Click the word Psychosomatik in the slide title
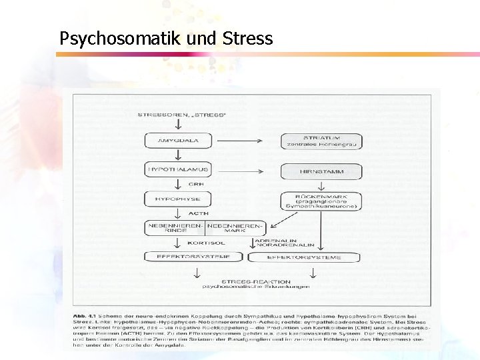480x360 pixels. coord(112,39)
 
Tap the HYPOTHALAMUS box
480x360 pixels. coord(177,170)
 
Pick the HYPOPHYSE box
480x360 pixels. coord(177,198)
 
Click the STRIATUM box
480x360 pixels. coord(321,141)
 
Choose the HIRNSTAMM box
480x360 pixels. coord(321,171)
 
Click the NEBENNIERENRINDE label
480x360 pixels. coord(175,228)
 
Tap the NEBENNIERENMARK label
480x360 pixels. coord(235,228)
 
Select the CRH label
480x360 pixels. coord(195,184)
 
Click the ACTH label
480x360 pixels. coord(198,213)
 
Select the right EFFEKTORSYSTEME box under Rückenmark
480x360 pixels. coord(304,257)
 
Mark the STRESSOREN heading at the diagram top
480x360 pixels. coord(181,114)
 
